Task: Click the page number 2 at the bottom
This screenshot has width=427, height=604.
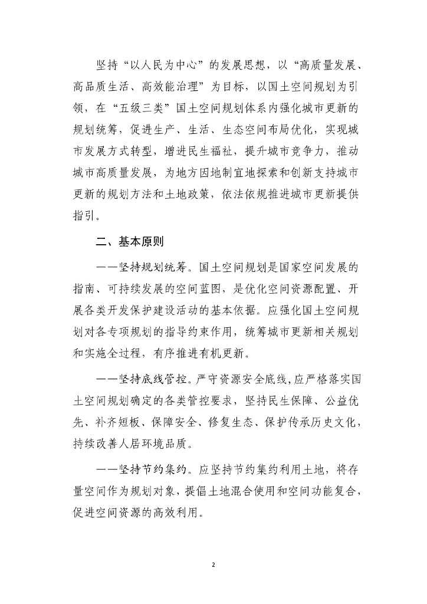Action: click(x=213, y=564)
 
